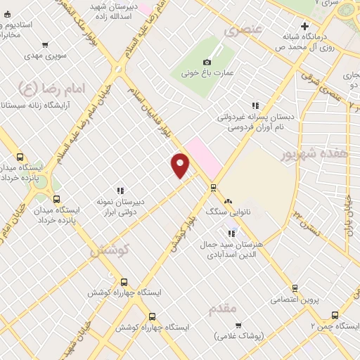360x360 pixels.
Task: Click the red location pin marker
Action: [x=181, y=164]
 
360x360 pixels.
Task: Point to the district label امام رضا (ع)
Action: [x=40, y=88]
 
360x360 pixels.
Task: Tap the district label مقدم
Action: [x=223, y=308]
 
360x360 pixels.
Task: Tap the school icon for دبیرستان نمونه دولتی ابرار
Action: [x=120, y=190]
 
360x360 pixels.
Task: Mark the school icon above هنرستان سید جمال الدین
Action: [x=231, y=233]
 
